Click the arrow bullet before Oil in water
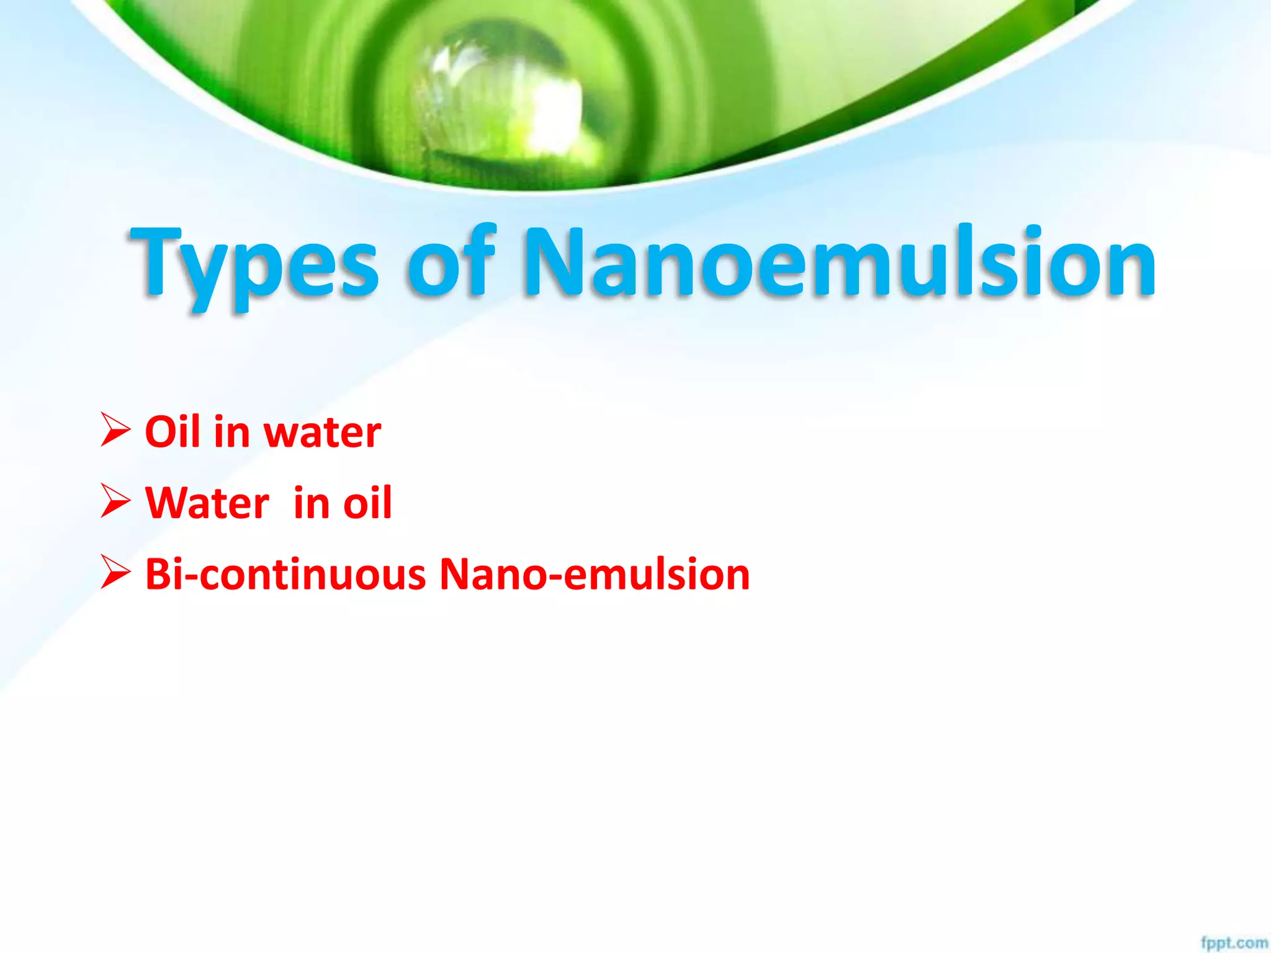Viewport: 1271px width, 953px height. pos(115,431)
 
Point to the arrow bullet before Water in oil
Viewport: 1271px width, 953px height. pos(115,501)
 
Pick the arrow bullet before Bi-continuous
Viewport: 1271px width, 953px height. pos(115,573)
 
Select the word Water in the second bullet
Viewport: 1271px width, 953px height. pos(207,503)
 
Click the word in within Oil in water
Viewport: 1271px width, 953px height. pos(231,432)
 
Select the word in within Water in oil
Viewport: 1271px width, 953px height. pos(311,503)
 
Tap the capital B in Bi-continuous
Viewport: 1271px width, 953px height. pos(159,574)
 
